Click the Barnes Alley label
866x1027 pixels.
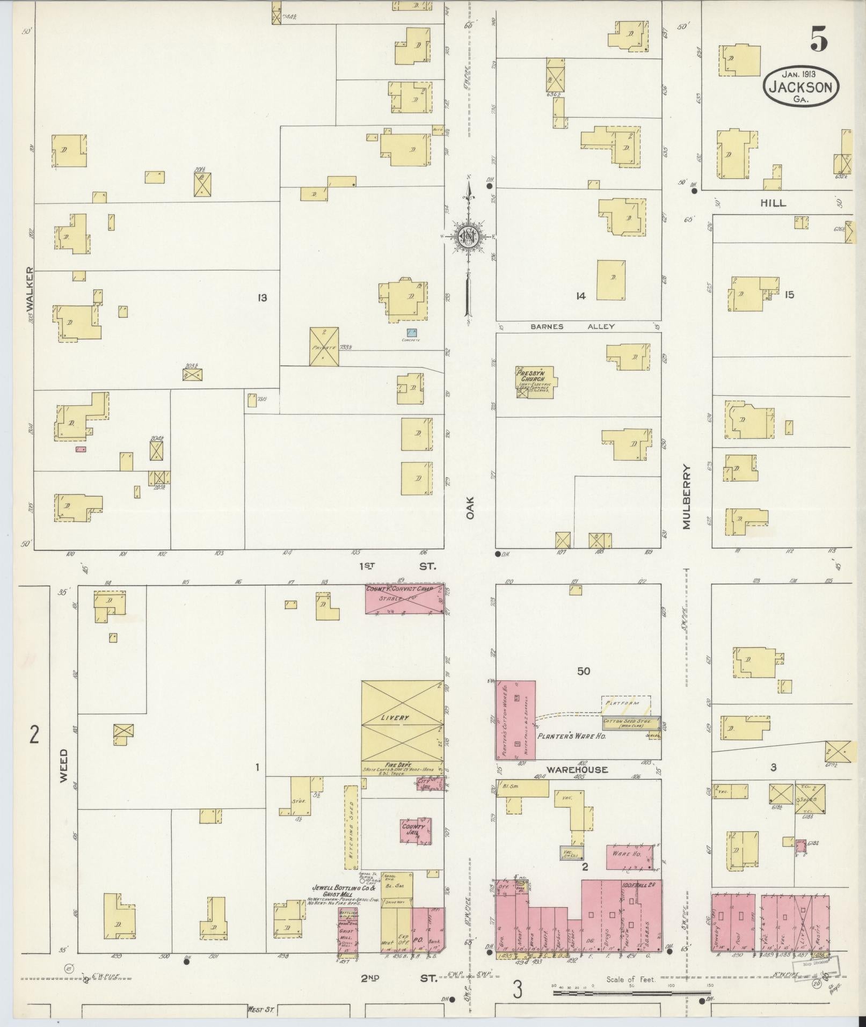click(x=572, y=326)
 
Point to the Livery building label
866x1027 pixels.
click(x=395, y=718)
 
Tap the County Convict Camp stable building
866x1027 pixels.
click(x=405, y=599)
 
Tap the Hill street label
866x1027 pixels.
click(x=773, y=203)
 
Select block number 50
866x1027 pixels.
click(x=584, y=672)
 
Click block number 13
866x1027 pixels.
click(x=262, y=297)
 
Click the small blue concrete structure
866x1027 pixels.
click(x=412, y=333)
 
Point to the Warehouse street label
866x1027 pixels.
click(x=577, y=769)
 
